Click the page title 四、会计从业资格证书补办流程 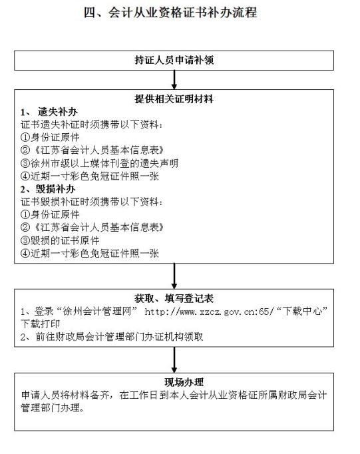[170, 13]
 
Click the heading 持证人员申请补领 [174, 60]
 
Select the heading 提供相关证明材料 [174, 99]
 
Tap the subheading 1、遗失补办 [49, 112]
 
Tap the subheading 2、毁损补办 [48, 189]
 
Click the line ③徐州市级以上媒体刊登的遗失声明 [99, 163]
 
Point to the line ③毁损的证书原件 [60, 240]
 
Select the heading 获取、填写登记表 [174, 298]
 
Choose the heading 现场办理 [184, 382]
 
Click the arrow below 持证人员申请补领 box [174, 80]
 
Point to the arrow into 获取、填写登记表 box [174, 276]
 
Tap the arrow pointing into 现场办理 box [174, 360]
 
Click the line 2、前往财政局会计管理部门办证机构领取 [112, 336]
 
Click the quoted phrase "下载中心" [302, 312]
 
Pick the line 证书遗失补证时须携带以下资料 [91, 124]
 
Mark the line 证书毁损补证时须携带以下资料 [91, 202]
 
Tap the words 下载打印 [40, 324]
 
